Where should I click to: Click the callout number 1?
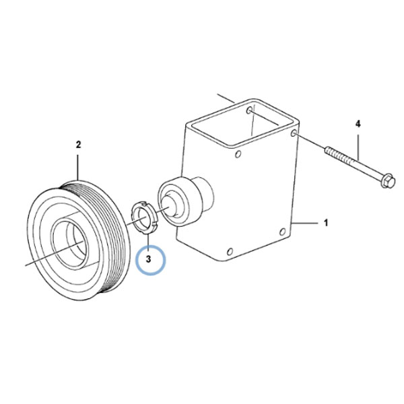(326, 223)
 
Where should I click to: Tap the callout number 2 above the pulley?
(78, 145)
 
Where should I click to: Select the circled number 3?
(148, 259)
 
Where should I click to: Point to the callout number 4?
(358, 124)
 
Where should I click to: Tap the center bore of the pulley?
(69, 243)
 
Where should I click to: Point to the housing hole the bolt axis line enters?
(293, 133)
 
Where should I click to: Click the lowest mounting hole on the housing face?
(230, 251)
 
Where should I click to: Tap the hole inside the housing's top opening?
(249, 111)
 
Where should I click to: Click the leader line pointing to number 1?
(304, 223)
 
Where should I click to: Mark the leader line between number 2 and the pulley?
(78, 167)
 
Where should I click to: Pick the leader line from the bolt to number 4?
(358, 147)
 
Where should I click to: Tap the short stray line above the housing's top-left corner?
(226, 99)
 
